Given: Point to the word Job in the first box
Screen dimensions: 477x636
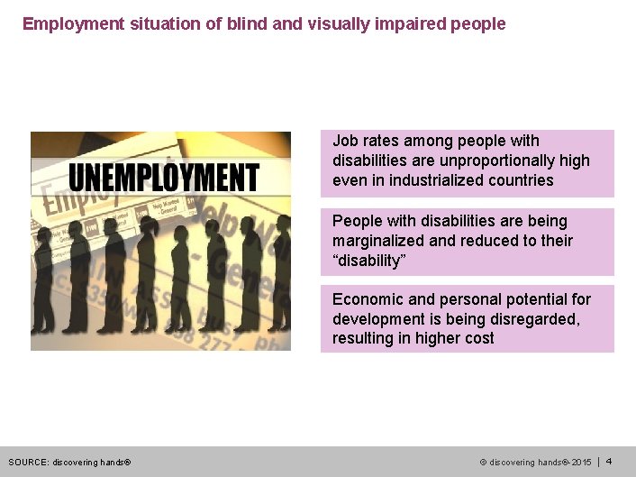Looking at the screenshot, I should pos(344,141).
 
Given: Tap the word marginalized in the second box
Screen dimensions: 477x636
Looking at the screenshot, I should pos(374,241).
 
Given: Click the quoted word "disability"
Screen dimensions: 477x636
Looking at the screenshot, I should pos(369,261).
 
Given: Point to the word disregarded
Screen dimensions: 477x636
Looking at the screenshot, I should pos(531,319).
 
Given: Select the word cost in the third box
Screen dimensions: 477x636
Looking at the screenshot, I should pos(477,339).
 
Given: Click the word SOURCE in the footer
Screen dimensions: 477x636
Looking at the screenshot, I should pos(28,463).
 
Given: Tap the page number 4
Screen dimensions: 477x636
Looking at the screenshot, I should pos(609,462).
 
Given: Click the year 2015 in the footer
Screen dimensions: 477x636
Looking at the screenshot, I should pos(581,463).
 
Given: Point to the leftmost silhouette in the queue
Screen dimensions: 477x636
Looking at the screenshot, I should pos(48,271).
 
